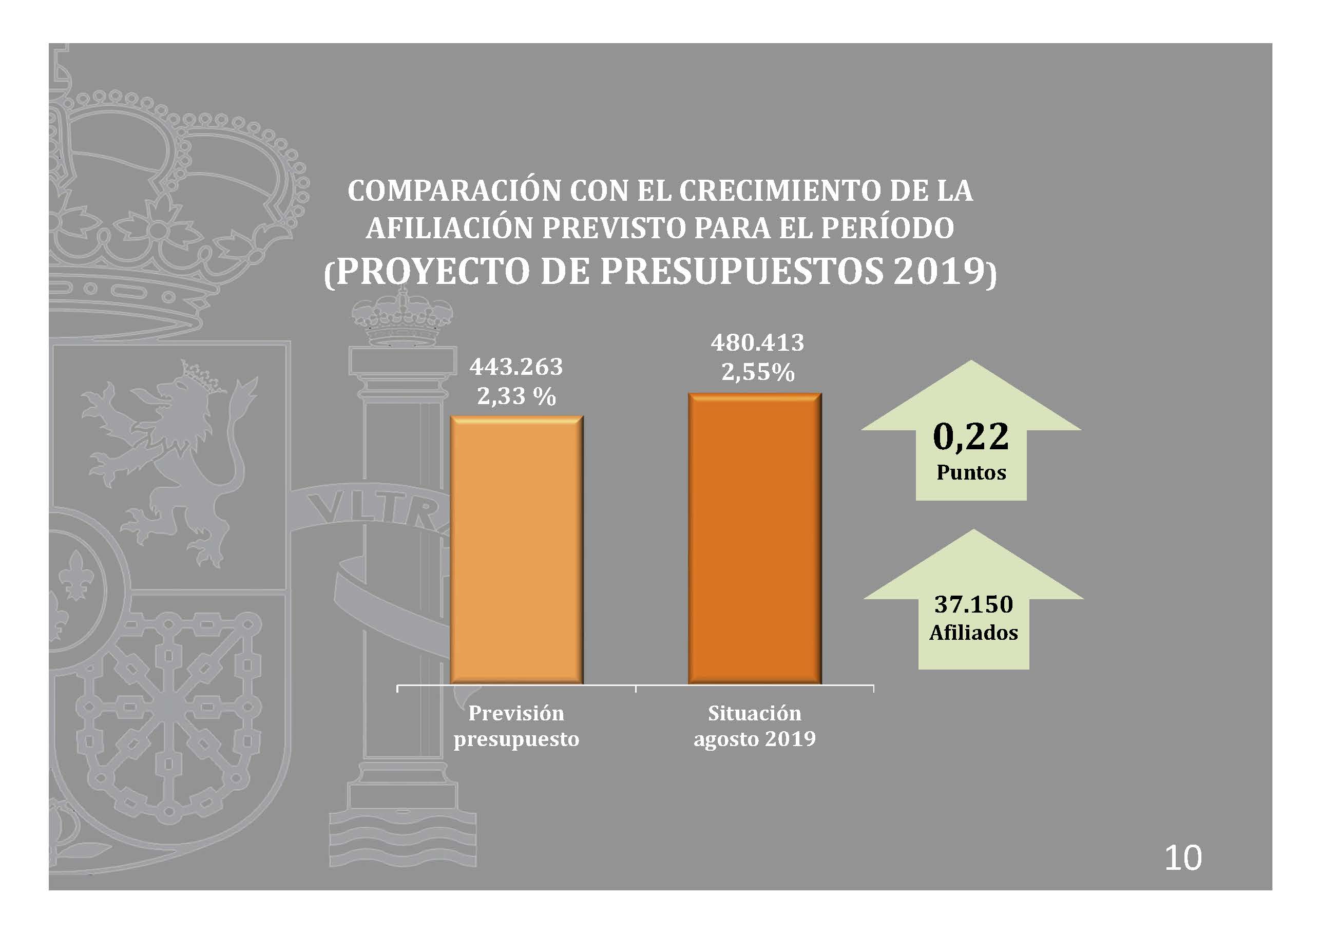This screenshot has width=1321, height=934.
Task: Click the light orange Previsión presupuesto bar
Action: click(x=516, y=549)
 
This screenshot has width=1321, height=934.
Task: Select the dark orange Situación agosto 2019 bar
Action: click(x=754, y=538)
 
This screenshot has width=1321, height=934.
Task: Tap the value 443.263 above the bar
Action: click(x=516, y=367)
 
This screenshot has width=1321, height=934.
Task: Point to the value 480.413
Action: click(x=757, y=343)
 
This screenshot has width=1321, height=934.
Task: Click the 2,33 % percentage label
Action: click(x=516, y=396)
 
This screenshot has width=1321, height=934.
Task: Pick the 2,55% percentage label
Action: click(x=758, y=372)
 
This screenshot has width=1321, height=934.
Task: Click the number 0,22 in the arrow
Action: click(x=971, y=436)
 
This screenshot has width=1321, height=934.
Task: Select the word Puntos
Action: click(x=971, y=472)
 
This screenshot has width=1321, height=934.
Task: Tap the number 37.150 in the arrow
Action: click(x=973, y=604)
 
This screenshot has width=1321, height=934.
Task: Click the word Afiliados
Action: click(x=973, y=633)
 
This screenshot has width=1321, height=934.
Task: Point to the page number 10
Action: click(x=1183, y=858)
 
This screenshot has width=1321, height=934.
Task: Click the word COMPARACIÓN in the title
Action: click(x=454, y=191)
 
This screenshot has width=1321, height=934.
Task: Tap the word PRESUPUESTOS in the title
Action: click(x=742, y=271)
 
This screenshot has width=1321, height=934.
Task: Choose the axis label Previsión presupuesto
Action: click(x=516, y=726)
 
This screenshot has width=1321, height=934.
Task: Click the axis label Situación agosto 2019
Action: click(x=754, y=726)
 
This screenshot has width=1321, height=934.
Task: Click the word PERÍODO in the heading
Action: click(x=887, y=228)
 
